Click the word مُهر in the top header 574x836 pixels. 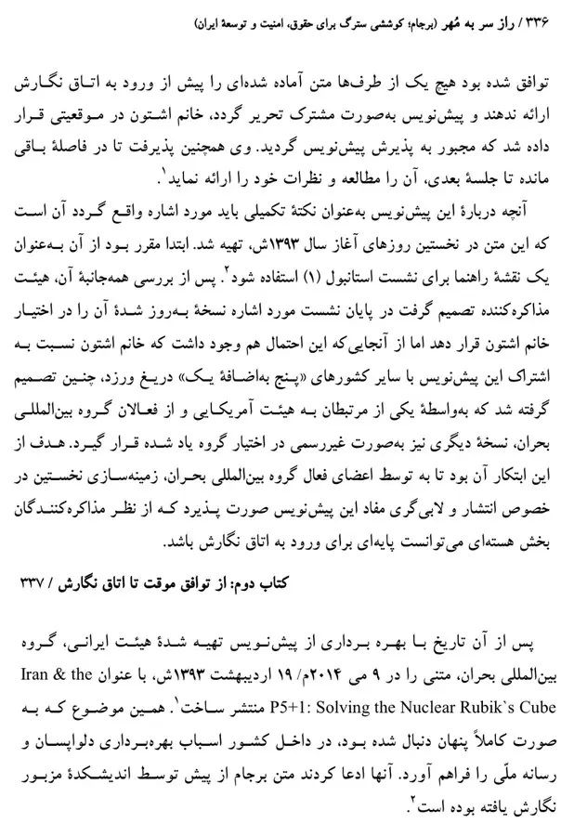point(446,19)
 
